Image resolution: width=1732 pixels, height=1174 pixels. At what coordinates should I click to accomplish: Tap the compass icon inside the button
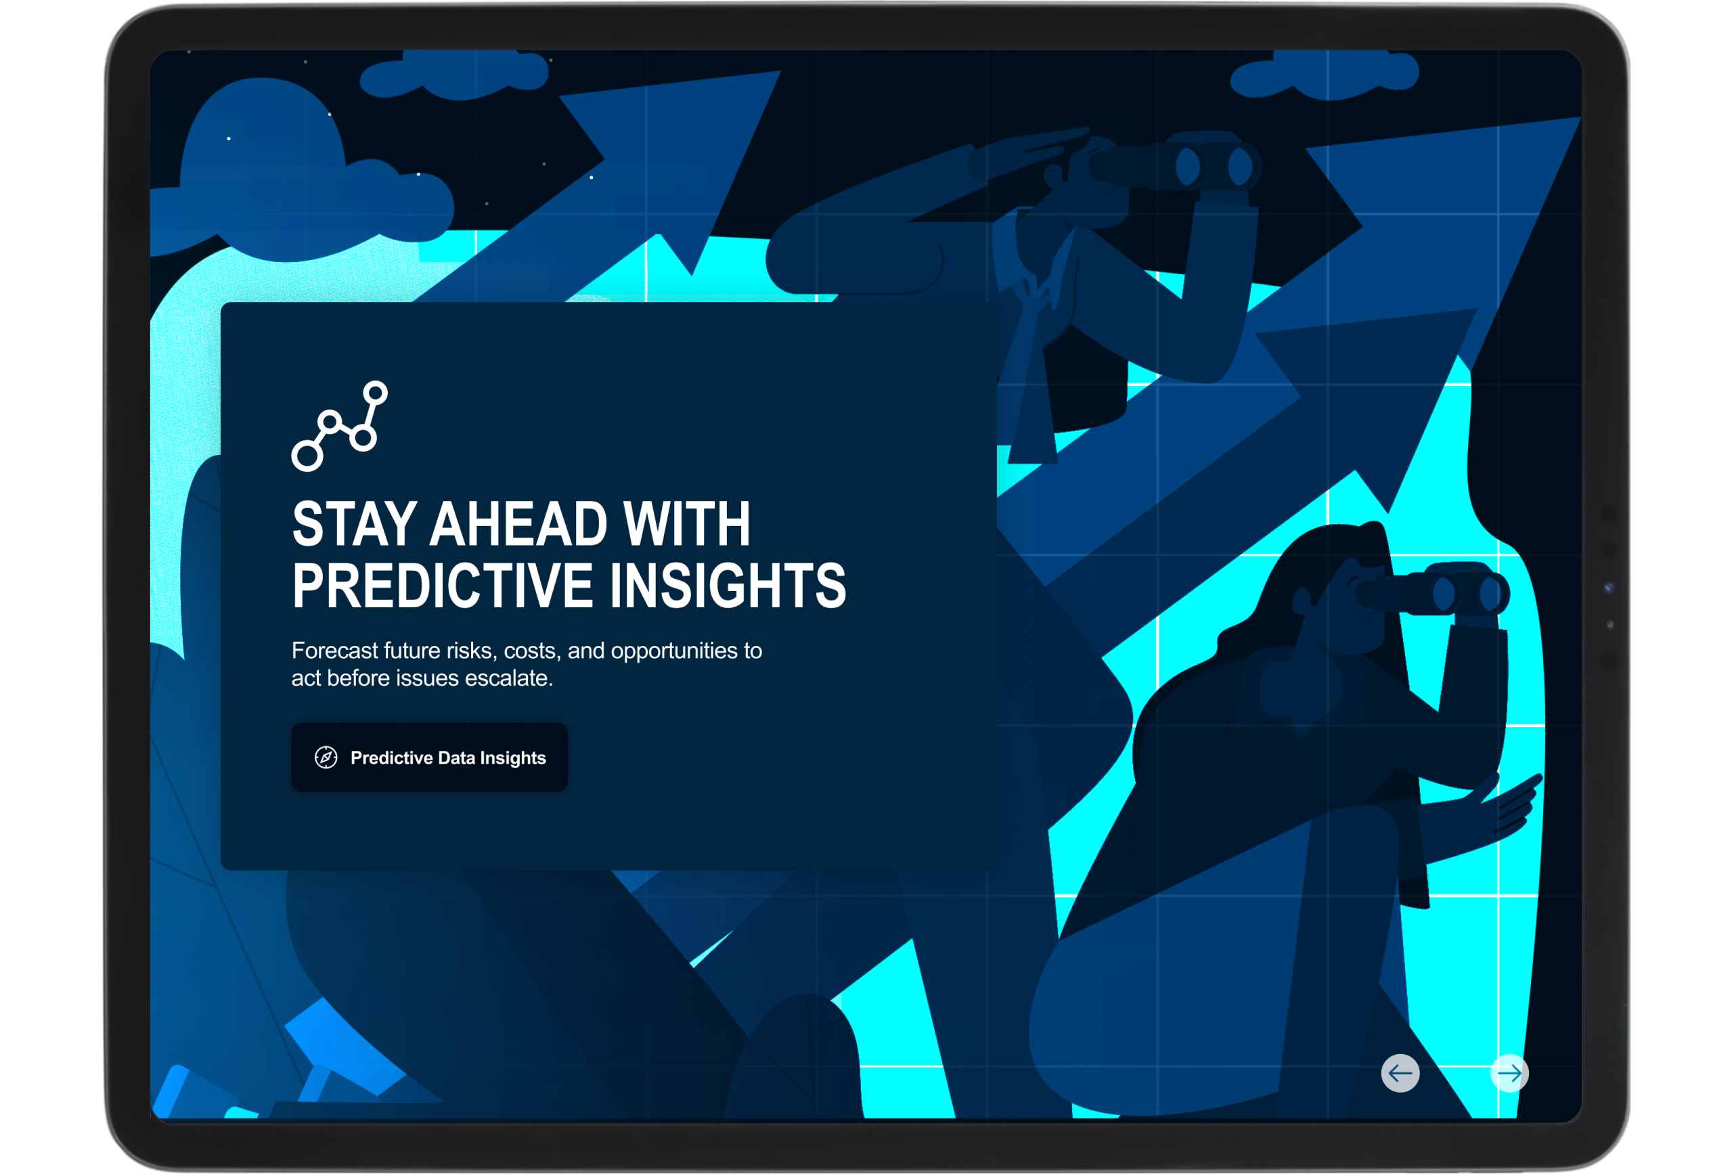[x=326, y=758]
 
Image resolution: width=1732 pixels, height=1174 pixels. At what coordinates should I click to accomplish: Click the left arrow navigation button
[x=1400, y=1073]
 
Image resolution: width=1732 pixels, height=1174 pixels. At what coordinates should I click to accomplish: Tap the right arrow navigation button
[x=1510, y=1073]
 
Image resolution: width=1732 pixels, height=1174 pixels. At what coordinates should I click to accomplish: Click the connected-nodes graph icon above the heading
[x=340, y=426]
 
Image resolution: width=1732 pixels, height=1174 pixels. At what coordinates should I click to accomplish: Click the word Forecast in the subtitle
[x=334, y=651]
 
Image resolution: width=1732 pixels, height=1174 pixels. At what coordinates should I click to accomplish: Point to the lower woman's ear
[x=1302, y=599]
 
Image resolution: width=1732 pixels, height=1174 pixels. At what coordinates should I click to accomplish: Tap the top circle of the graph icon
[x=376, y=393]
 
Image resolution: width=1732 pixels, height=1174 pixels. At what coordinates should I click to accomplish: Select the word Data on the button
[x=456, y=758]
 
